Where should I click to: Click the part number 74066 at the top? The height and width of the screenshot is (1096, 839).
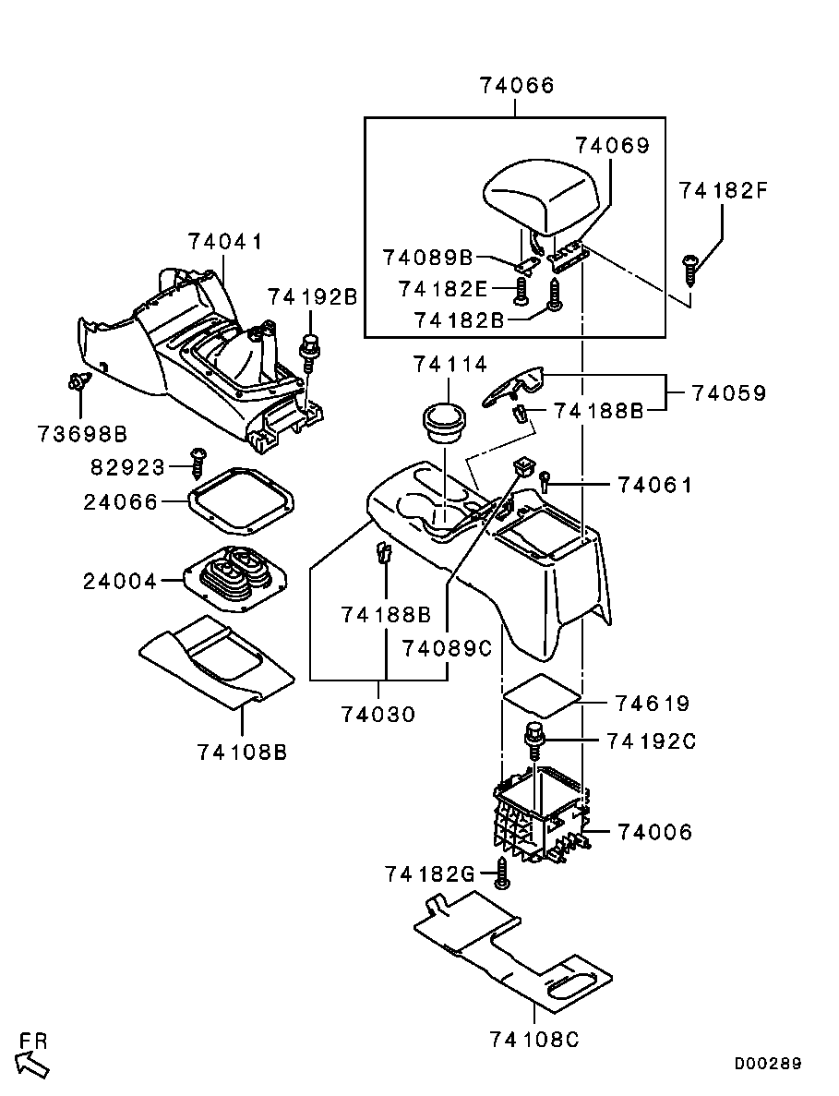pos(517,86)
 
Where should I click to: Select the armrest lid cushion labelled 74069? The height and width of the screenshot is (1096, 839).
pos(545,196)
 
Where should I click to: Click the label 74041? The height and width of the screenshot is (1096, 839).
pos(226,242)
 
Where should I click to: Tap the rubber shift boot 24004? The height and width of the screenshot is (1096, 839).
pos(234,578)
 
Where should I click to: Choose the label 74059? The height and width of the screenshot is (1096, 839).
pos(729,392)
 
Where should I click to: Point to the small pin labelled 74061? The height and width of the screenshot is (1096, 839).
pos(546,479)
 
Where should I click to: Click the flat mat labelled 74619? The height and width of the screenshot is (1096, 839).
pos(540,694)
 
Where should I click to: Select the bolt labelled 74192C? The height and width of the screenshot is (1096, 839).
pos(533,740)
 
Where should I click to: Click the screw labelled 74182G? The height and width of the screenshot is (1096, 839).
pos(502,873)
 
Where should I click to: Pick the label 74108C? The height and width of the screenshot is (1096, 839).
pos(535,1039)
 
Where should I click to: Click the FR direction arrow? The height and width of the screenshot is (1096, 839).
pos(32,1063)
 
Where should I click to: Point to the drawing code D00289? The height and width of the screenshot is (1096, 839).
pos(768,1063)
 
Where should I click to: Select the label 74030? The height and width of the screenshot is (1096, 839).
pos(378,714)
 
